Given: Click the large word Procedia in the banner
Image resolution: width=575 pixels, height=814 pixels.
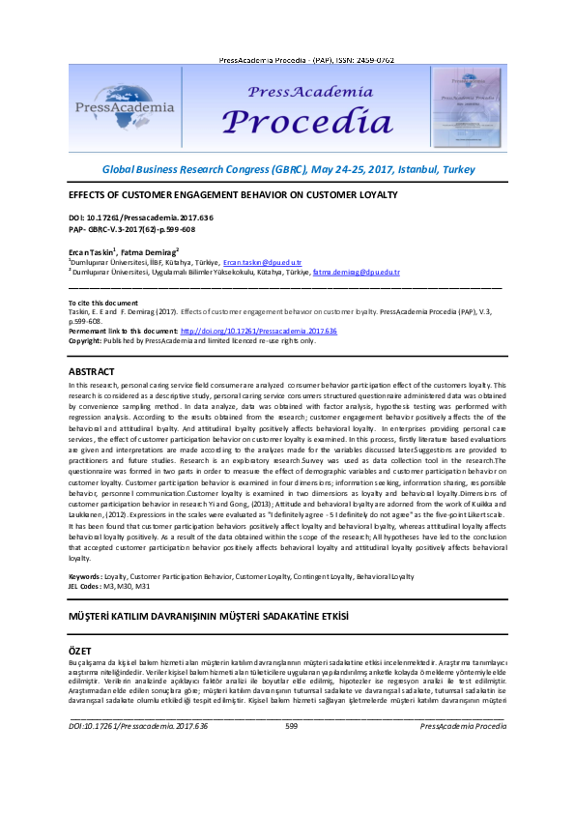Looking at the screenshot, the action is tap(296, 124).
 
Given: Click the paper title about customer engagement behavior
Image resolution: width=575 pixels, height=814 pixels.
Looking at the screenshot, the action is tap(233, 195).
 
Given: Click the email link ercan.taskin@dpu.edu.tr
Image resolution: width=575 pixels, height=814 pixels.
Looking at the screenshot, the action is tap(262, 262).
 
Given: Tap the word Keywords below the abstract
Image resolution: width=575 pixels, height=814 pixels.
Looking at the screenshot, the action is tap(84, 575).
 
